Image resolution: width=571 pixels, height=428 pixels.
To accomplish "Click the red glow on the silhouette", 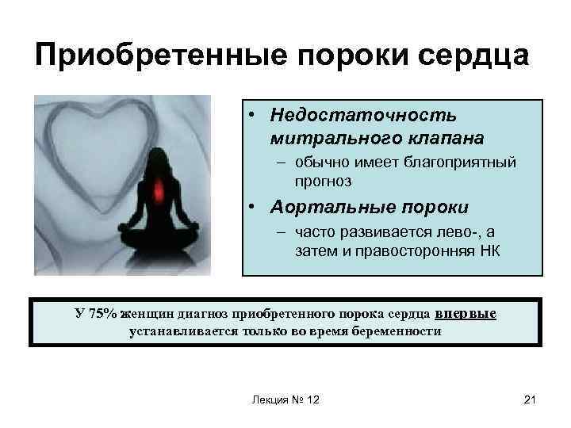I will click(155, 190).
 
